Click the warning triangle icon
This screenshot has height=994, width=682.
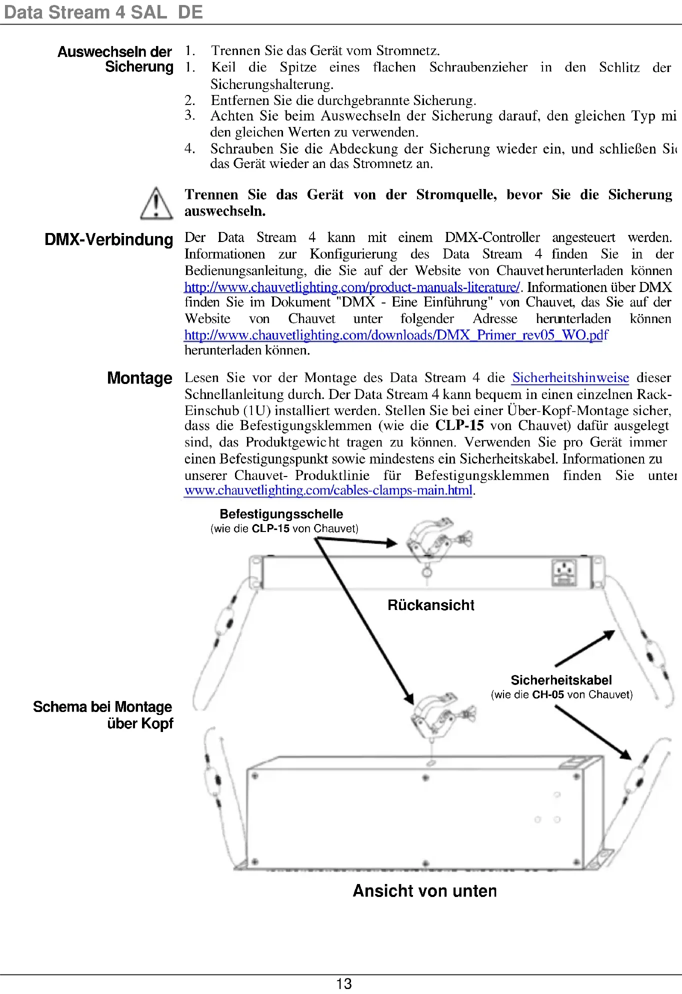(156, 203)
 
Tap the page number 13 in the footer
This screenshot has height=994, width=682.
(344, 983)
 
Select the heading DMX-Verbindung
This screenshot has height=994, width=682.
(109, 239)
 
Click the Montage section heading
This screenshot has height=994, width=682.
(139, 378)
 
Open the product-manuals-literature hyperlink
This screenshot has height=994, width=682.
(352, 287)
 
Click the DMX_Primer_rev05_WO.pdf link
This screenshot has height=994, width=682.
(396, 335)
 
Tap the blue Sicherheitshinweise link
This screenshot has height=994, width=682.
(570, 377)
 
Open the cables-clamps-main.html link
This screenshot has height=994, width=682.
(328, 490)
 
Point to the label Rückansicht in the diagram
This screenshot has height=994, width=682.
(430, 605)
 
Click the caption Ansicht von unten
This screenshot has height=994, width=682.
(424, 890)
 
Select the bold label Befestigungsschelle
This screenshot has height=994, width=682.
(281, 514)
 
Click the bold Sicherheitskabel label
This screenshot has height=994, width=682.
(561, 680)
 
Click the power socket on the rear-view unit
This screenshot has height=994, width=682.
(564, 572)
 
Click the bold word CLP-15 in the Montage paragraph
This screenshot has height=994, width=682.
(459, 425)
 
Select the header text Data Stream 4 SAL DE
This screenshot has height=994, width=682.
(103, 12)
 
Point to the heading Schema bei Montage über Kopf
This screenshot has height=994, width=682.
(103, 715)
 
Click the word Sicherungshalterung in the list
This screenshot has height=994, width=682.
(271, 84)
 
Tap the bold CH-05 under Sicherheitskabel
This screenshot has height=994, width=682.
(548, 694)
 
